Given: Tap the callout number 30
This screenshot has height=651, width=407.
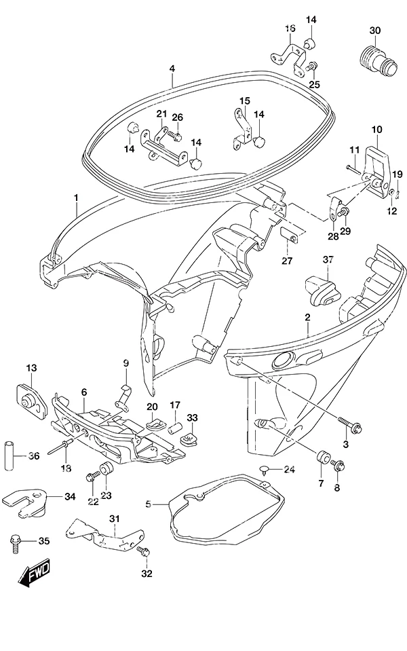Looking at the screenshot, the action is [x=374, y=31].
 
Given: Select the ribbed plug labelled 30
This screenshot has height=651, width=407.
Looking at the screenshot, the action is [x=376, y=60].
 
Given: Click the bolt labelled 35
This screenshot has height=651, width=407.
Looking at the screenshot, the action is [x=15, y=544].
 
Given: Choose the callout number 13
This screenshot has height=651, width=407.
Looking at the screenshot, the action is [x=31, y=367].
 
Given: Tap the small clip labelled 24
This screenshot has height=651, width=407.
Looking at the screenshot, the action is [x=265, y=470].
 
